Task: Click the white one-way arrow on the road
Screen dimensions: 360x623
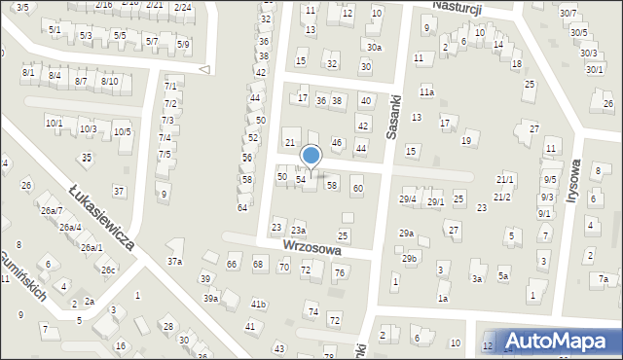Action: [x=204, y=69]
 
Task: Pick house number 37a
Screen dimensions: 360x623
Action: [x=174, y=261]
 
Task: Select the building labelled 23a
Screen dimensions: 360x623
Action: [x=298, y=230]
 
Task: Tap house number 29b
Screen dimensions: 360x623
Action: [x=409, y=258]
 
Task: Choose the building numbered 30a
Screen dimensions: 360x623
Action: [x=374, y=47]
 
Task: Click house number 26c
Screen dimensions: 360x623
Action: [x=109, y=270]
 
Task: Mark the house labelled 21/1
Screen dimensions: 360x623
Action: [x=504, y=180]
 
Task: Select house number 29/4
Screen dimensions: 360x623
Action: [x=408, y=199]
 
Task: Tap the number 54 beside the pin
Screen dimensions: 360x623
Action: [x=302, y=179]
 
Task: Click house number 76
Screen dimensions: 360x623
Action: [x=339, y=272]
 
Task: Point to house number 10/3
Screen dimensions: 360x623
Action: [x=88, y=129]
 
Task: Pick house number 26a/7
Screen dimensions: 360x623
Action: [x=52, y=211]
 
